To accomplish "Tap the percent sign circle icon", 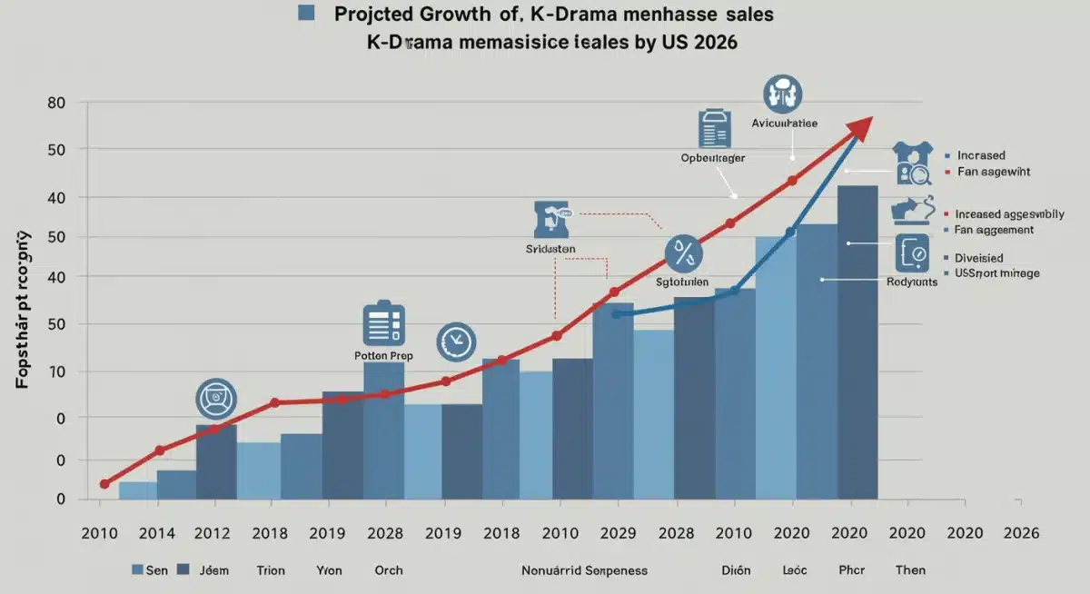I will click(x=683, y=253).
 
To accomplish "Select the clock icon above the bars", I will click(x=455, y=342).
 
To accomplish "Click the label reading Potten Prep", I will click(x=383, y=356).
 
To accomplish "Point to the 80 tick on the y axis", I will click(x=56, y=103).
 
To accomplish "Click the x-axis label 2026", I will click(x=1020, y=533).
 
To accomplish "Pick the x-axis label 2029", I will click(x=618, y=533).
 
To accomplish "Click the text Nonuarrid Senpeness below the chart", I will click(x=585, y=570).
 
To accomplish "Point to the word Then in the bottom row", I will click(x=911, y=570).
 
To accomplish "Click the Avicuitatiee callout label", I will click(x=785, y=123).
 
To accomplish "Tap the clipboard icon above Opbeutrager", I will click(x=714, y=129).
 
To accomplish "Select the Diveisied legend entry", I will click(x=978, y=258).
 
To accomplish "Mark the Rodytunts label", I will click(x=911, y=282).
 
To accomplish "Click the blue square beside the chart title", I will click(x=306, y=13).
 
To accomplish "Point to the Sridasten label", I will click(x=551, y=248).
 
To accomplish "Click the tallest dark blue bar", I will click(x=857, y=342).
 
